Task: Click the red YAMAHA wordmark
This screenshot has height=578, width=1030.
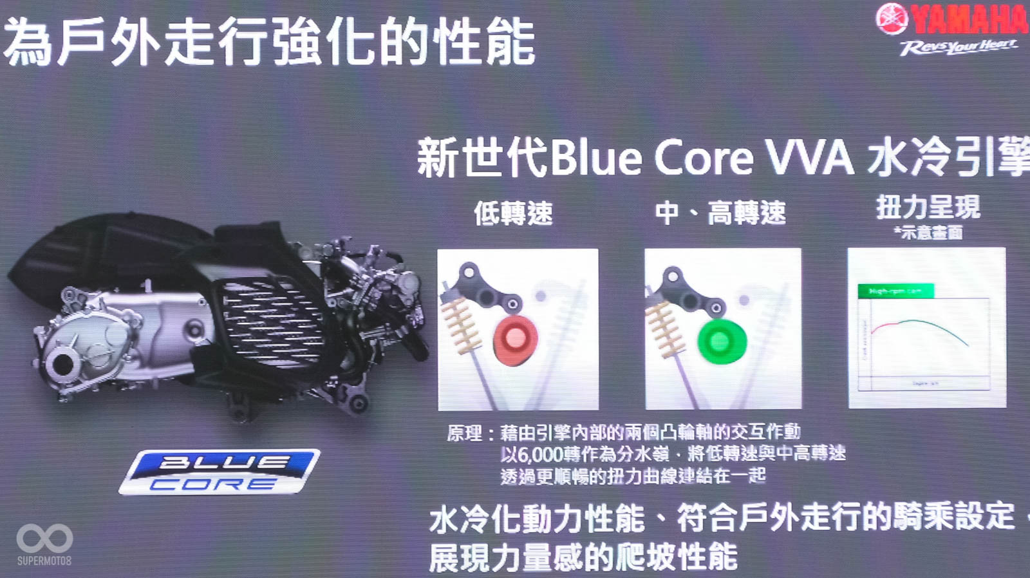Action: [969, 19]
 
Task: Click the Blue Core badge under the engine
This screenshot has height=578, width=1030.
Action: [219, 472]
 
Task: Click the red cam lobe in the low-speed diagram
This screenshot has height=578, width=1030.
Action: [515, 339]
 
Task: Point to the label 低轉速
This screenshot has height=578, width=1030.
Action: [513, 213]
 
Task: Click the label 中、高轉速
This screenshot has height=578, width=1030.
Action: [720, 213]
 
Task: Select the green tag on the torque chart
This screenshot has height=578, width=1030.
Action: [895, 291]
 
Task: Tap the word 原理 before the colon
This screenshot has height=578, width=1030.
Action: [464, 432]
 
